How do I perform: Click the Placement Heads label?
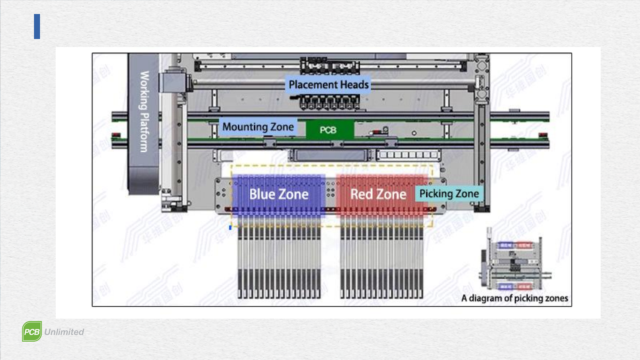[x=328, y=85]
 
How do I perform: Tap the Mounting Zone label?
[x=258, y=127]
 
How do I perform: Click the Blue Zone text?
[x=279, y=194]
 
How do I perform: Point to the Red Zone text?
[x=378, y=194]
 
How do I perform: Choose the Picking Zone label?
[x=449, y=194]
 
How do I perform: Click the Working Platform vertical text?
[x=144, y=112]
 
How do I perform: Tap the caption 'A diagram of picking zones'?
[x=514, y=298]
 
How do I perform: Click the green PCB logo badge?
[x=32, y=331]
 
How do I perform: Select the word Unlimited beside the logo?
[x=64, y=332]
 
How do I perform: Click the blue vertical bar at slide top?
[x=37, y=26]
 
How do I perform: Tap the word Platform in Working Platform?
[x=144, y=132]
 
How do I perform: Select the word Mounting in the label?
[x=245, y=127]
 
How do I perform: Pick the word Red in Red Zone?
[x=361, y=194]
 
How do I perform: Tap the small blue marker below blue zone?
[x=230, y=227]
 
